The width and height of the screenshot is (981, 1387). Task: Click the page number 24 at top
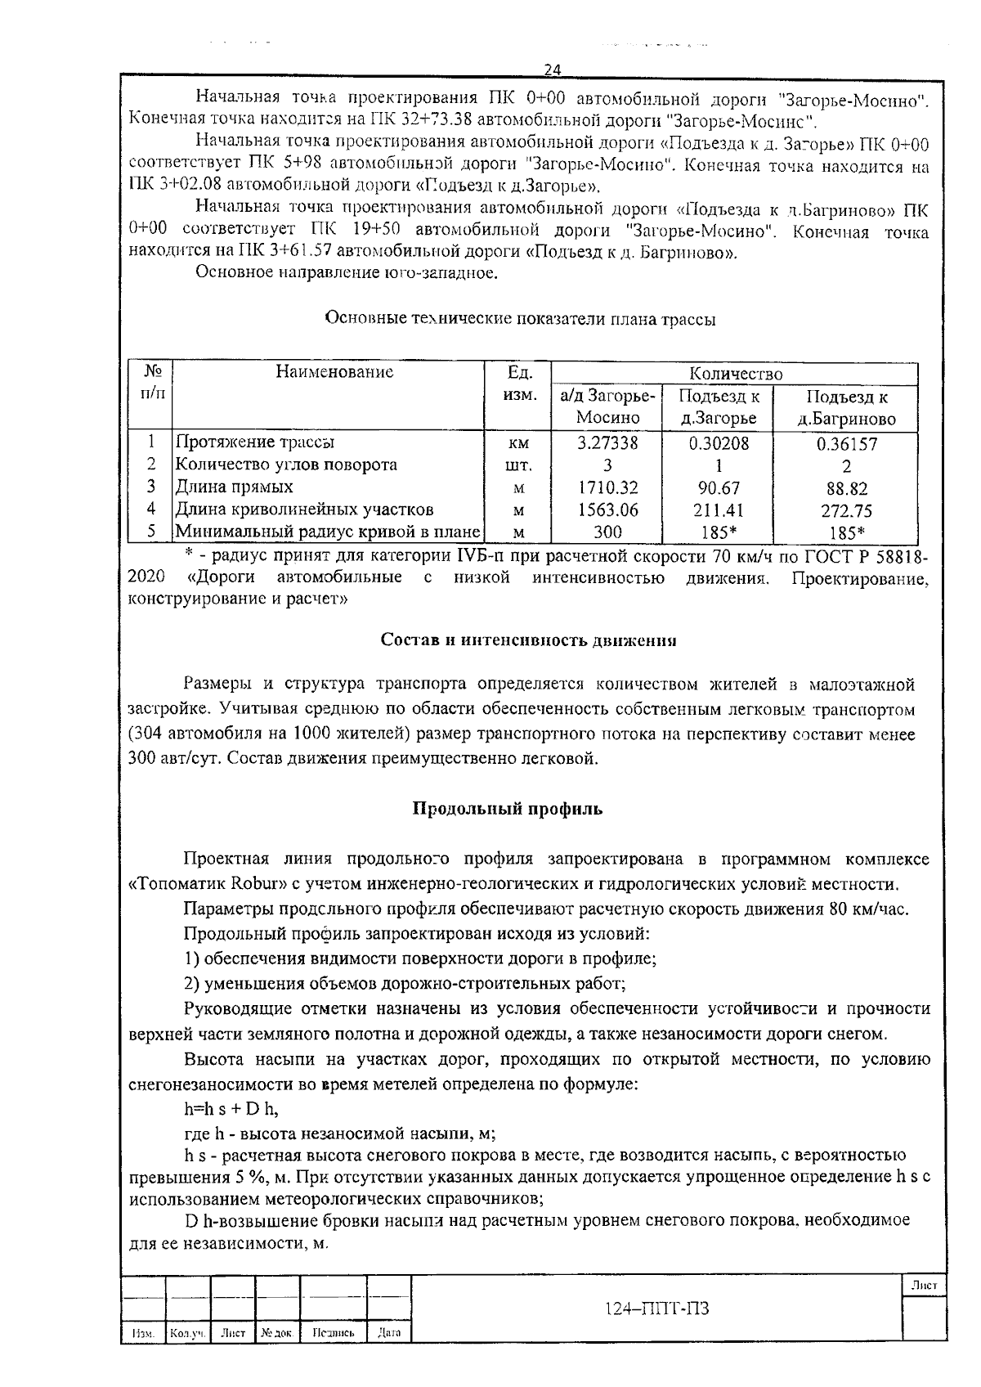point(552,70)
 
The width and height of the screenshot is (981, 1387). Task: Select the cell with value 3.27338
point(607,442)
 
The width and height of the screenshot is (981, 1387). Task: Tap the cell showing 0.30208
point(719,442)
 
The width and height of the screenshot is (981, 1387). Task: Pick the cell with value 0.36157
point(846,444)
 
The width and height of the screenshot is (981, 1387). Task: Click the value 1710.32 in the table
point(607,488)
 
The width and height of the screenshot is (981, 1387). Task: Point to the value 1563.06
point(607,510)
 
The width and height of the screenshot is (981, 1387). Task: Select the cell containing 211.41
point(719,510)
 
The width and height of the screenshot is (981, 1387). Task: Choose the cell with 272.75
point(846,511)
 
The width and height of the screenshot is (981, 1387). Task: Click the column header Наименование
point(334,372)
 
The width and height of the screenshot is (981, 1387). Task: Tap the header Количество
point(735,374)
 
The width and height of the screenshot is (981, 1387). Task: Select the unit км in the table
point(518,443)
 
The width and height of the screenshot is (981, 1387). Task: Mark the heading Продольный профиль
point(507,809)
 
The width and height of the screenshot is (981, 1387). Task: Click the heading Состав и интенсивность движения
point(529,640)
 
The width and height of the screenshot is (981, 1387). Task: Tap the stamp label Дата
point(389,1333)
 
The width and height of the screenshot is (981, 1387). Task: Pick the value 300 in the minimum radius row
point(607,532)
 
